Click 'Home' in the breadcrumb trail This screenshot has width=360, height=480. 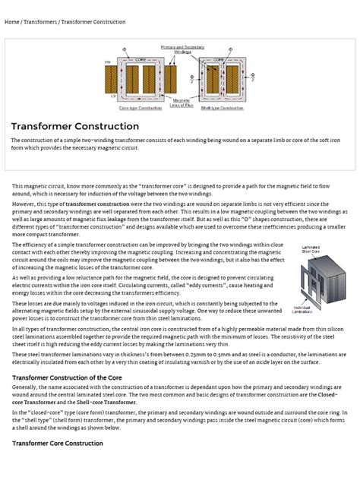(11, 22)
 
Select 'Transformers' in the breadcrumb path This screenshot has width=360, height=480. (45, 22)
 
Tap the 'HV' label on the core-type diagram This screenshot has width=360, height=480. (107, 62)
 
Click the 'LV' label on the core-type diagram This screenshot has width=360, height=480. (107, 96)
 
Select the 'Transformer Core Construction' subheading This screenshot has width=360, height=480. (57, 443)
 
